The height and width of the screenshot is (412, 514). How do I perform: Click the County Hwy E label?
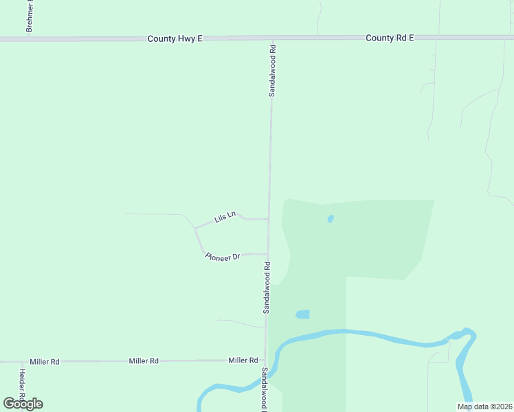click(x=175, y=39)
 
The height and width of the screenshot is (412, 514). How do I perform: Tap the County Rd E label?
click(x=390, y=38)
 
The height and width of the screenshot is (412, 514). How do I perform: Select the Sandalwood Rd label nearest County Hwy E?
click(x=272, y=70)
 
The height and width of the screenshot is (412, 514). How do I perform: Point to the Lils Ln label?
click(x=225, y=217)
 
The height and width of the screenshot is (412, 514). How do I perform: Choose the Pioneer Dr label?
click(x=223, y=256)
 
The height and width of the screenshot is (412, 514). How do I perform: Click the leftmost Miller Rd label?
click(x=45, y=361)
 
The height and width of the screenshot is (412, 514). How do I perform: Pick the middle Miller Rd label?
click(x=144, y=360)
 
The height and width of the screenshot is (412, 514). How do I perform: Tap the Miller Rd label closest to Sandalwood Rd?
click(x=243, y=360)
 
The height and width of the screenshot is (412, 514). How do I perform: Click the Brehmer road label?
click(x=30, y=16)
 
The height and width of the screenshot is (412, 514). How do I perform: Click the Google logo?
click(x=23, y=404)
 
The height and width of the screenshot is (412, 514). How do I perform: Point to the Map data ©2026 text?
click(x=484, y=407)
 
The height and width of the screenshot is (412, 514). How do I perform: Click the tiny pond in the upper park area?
click(x=331, y=219)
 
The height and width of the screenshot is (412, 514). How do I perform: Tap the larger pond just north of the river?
click(x=302, y=314)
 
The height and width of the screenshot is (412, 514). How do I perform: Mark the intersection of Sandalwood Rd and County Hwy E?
click(x=273, y=38)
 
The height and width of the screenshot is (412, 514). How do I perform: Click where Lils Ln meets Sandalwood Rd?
click(x=268, y=219)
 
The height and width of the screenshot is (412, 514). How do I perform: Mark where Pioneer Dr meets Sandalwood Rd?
click(x=267, y=253)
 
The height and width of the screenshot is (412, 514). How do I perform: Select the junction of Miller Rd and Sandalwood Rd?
click(x=265, y=359)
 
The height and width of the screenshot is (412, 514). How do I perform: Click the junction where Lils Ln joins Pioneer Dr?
click(x=195, y=228)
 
